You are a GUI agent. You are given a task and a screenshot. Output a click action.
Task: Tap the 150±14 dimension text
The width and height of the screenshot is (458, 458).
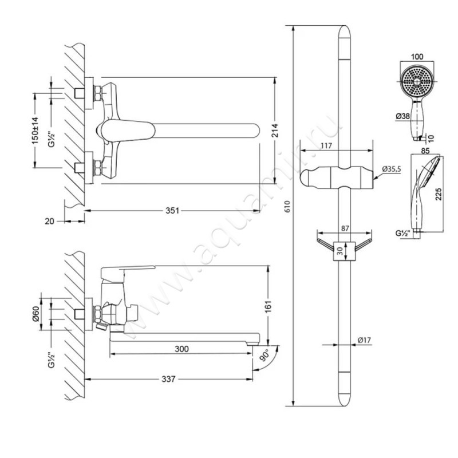point(35,132)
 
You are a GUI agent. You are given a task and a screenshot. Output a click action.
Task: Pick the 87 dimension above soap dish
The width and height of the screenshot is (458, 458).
point(345,228)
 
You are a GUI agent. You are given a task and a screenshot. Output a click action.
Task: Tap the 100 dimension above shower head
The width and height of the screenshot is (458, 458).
point(417,57)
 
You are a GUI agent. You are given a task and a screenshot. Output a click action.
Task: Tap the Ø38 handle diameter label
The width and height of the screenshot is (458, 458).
point(402,117)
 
